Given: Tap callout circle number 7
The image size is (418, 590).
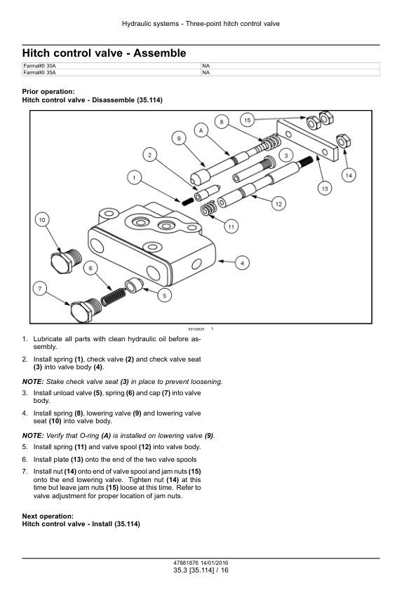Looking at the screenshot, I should [40, 287].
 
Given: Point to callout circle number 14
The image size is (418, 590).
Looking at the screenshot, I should [349, 174].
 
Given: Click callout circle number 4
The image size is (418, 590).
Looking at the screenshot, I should [241, 263].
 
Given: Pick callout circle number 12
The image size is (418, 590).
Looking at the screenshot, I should [278, 203].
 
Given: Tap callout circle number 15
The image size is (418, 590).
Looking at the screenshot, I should [248, 120].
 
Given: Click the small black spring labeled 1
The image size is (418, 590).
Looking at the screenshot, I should [187, 200].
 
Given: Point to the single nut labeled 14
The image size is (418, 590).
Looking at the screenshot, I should [344, 141].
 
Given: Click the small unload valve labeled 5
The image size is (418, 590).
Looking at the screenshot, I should [133, 284].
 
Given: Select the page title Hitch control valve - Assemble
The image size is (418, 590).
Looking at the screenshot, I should [104, 53].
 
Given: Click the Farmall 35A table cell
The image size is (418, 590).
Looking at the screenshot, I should [111, 72].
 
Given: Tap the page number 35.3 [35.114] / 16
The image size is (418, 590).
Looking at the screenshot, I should [201, 570].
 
